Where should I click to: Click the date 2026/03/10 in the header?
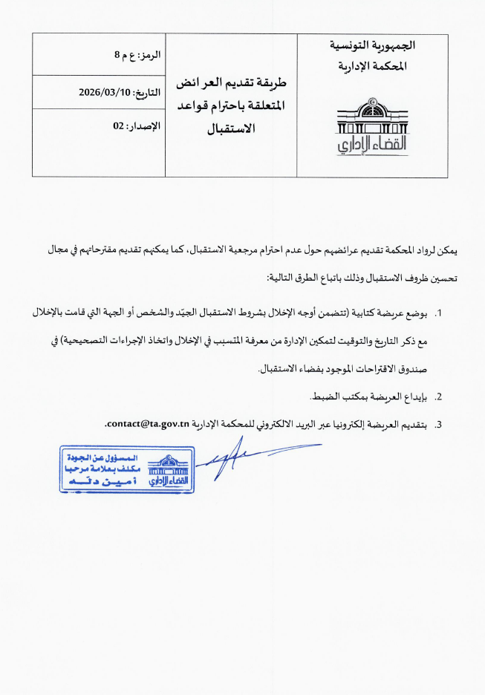(103, 92)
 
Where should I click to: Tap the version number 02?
(118, 126)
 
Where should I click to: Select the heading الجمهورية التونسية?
(373, 47)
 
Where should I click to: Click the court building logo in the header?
(362, 125)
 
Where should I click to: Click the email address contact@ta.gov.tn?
(149, 424)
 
